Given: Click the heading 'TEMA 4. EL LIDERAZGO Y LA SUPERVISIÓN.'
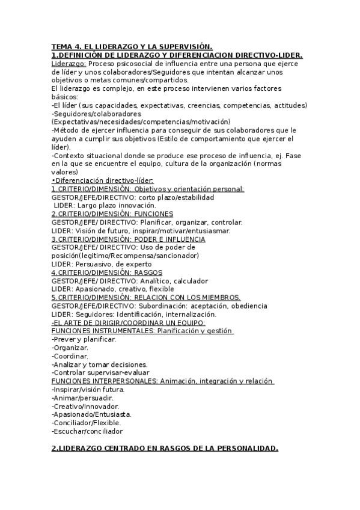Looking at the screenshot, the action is click(x=132, y=46).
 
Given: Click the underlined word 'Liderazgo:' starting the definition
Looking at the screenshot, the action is click(x=69, y=63).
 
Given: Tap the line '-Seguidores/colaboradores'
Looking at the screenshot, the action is click(x=96, y=113).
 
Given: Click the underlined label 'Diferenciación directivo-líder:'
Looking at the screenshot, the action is click(x=104, y=180).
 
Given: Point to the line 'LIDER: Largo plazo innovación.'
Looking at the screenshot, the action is click(x=105, y=205).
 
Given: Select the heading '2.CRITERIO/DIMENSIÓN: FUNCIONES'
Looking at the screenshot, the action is click(x=112, y=214).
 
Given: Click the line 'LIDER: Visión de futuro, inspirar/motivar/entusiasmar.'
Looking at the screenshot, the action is click(x=141, y=230).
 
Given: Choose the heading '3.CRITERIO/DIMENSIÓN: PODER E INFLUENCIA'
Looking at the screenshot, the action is click(x=128, y=239).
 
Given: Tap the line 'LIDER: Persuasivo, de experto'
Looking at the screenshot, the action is click(x=103, y=263).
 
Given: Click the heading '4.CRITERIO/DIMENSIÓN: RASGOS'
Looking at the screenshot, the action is click(x=103, y=272).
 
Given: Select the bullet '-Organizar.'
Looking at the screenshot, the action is click(x=70, y=348).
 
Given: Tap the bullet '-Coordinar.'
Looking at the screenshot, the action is click(x=70, y=356).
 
